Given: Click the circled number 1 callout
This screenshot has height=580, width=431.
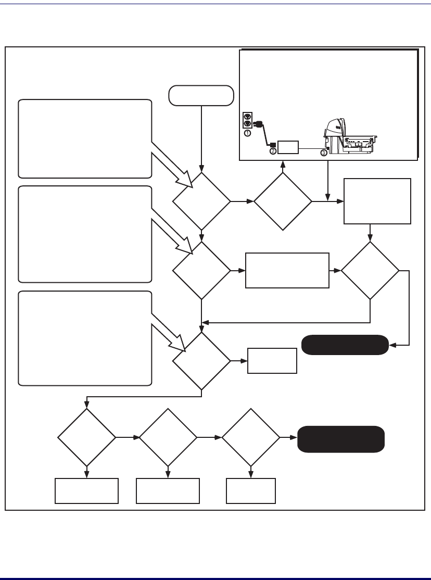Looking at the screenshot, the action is (x=247, y=133).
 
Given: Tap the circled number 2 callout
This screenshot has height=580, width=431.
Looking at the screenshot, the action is (x=273, y=152).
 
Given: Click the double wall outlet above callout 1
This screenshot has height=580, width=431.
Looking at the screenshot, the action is (x=248, y=121).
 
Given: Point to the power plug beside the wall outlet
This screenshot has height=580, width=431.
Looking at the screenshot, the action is (x=258, y=124).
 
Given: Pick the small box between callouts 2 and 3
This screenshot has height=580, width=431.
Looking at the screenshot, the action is (x=288, y=147).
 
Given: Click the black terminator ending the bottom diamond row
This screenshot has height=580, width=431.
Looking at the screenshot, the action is (x=341, y=439).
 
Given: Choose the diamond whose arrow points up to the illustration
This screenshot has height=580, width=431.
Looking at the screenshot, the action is (x=283, y=201).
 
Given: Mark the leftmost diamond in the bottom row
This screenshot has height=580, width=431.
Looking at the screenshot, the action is (x=86, y=436).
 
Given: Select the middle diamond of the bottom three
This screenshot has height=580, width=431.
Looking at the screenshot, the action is (x=168, y=436).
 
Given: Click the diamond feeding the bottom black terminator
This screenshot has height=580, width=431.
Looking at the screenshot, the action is (x=250, y=436).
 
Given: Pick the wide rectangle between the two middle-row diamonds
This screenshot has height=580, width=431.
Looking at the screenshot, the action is (x=287, y=270).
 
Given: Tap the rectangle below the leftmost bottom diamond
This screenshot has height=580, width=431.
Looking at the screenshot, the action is (x=86, y=491).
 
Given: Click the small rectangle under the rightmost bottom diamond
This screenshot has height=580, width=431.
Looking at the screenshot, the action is (x=250, y=491).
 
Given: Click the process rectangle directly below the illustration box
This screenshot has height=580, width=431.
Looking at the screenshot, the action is (x=377, y=201).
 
